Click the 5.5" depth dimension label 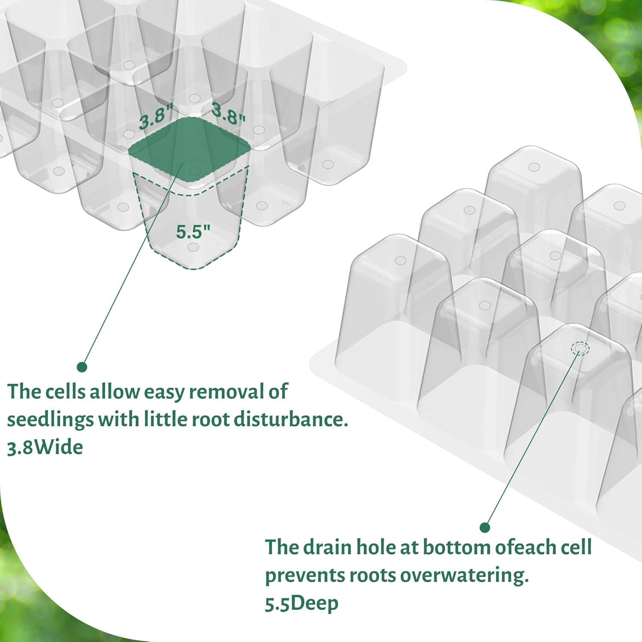point(193,232)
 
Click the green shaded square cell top point(189,149)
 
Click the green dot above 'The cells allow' point(82,367)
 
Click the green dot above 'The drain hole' point(484,527)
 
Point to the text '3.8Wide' point(45,447)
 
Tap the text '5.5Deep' point(302,603)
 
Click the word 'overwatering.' point(464,575)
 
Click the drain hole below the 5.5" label point(193,247)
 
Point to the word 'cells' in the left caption point(65,391)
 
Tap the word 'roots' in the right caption point(372,575)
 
